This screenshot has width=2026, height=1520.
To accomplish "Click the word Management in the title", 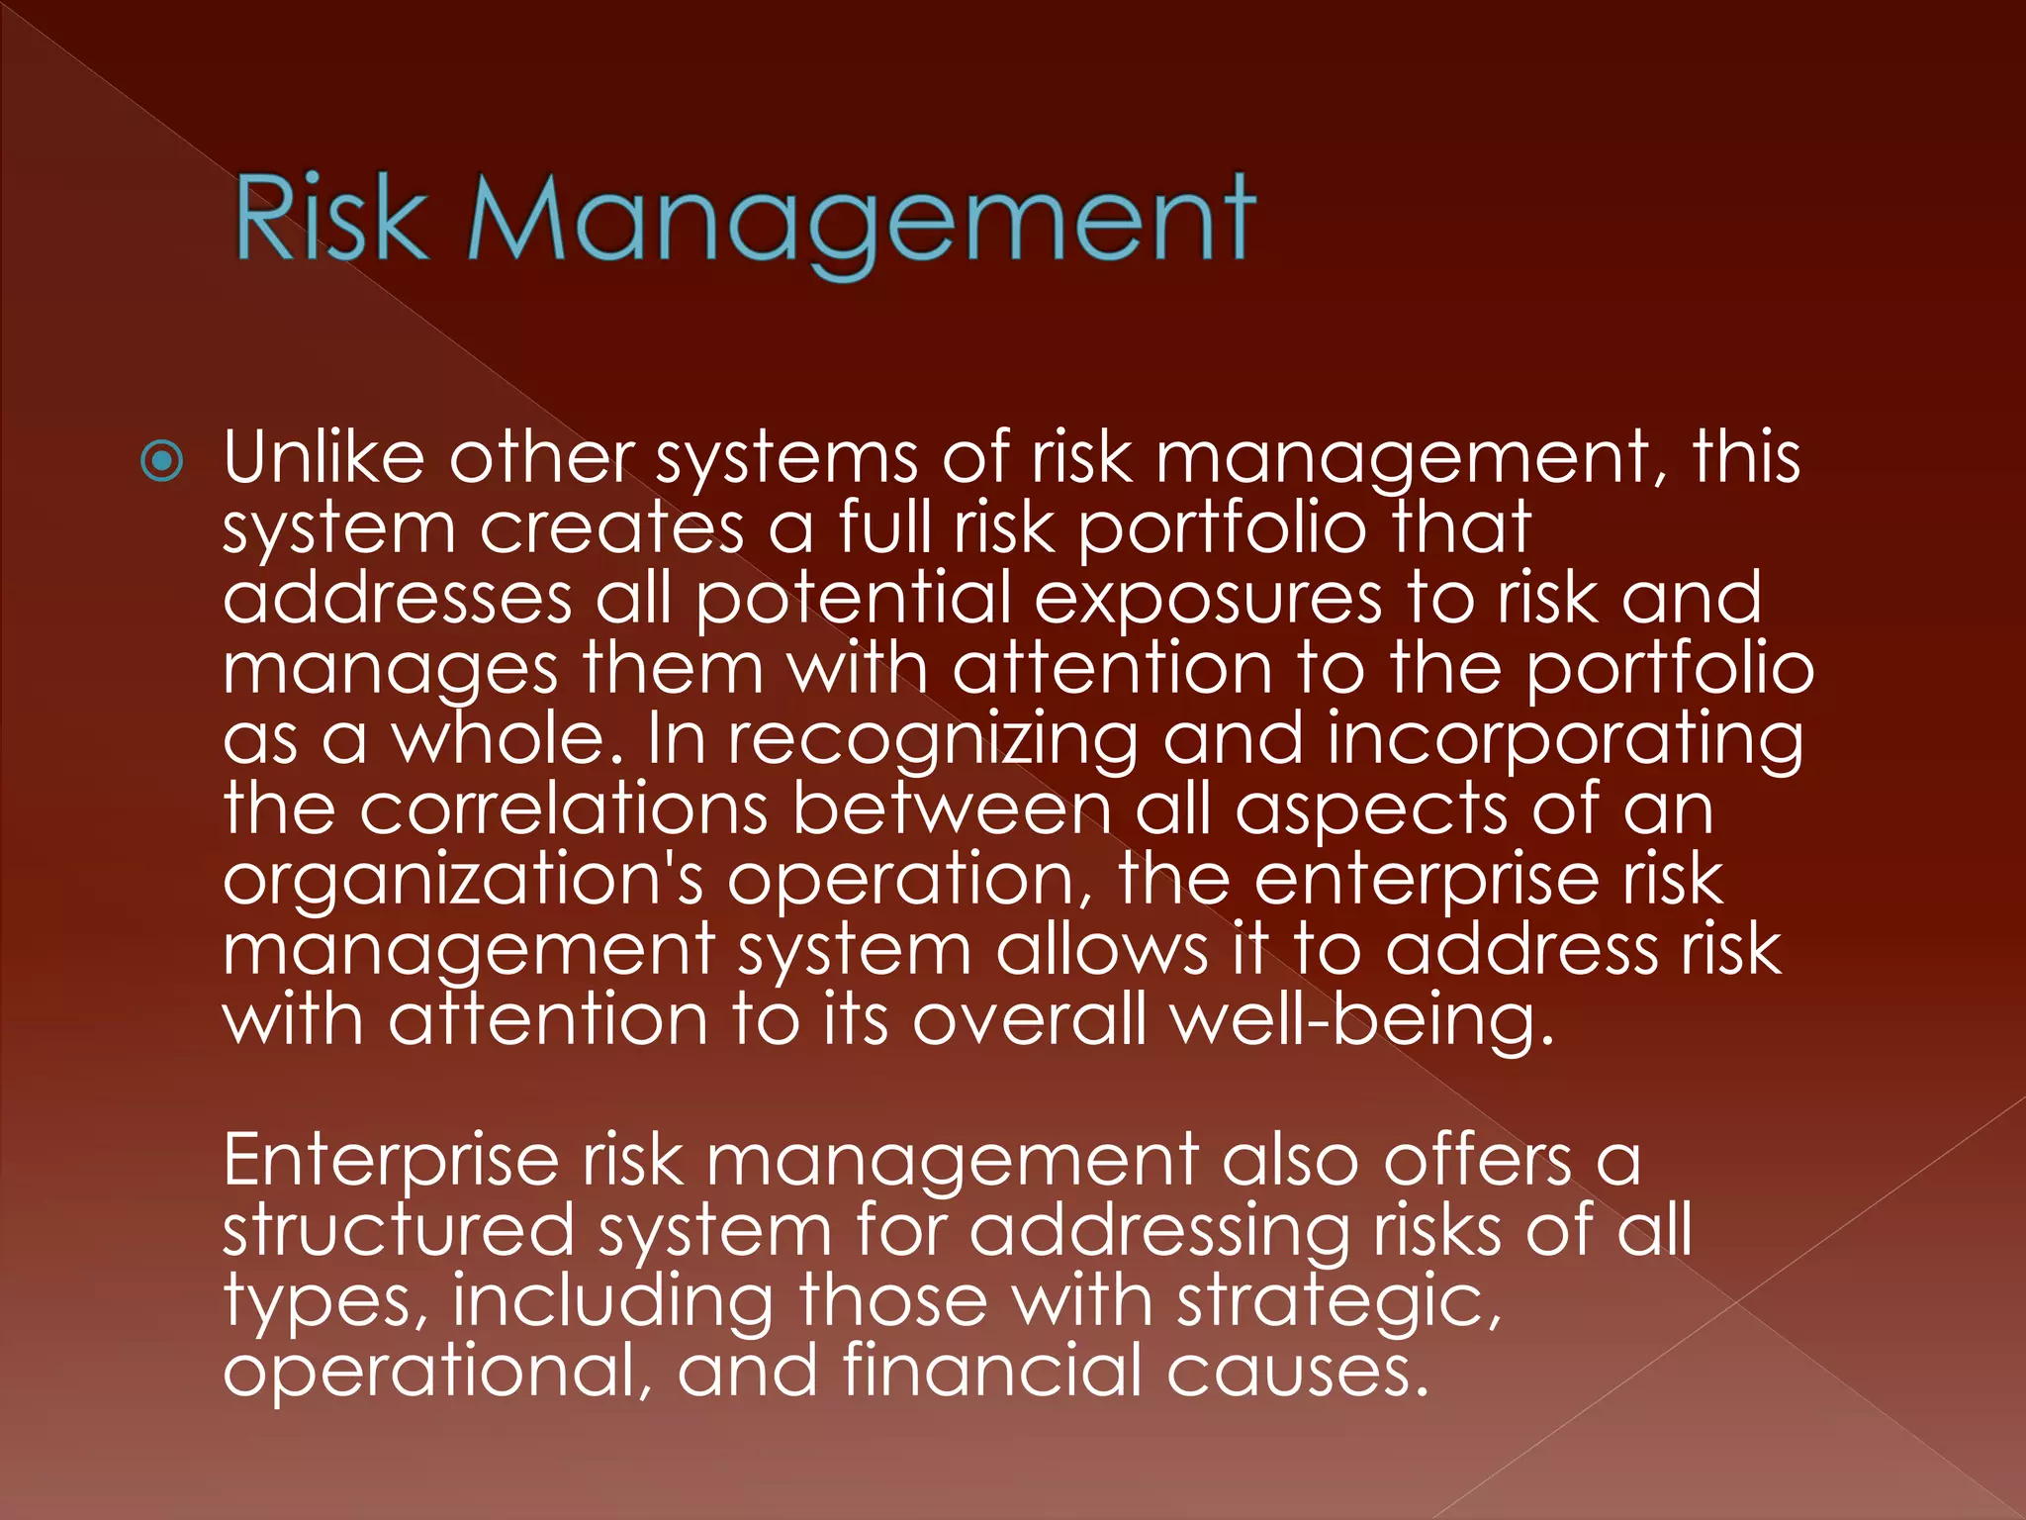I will (x=861, y=223).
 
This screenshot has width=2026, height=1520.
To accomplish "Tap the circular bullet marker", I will (x=162, y=461).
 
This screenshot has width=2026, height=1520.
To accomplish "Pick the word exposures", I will (x=1207, y=600).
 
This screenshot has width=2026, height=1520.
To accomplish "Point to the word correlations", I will (x=563, y=808).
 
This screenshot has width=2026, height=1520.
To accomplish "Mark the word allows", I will (x=1101, y=949).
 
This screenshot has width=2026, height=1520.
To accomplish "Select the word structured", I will (x=398, y=1230).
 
